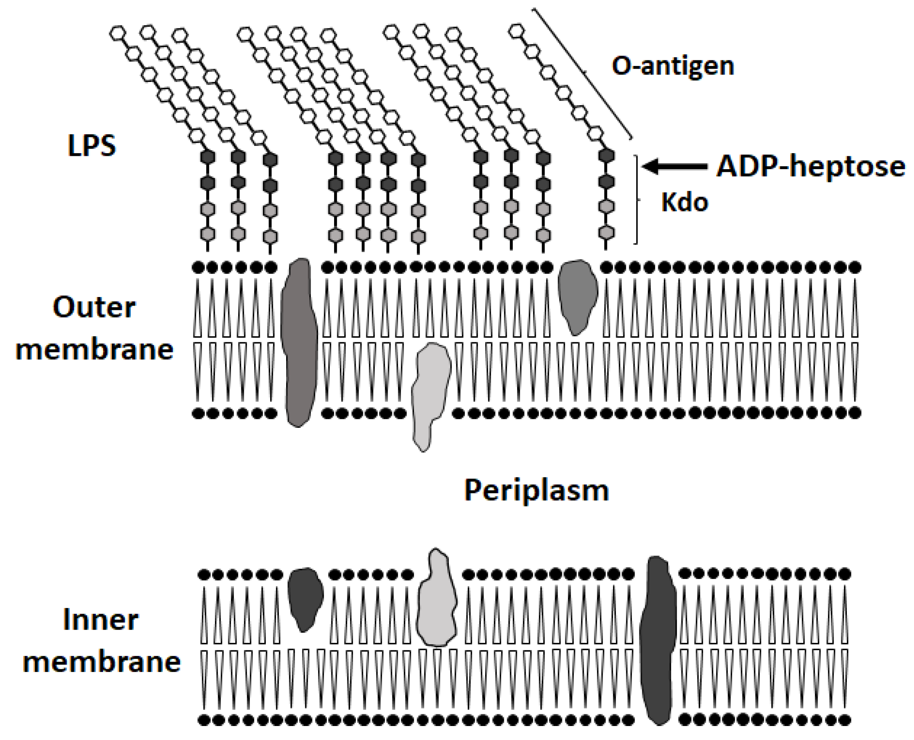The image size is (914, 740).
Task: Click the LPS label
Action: pos(92,146)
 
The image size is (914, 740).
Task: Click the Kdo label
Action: pos(684,202)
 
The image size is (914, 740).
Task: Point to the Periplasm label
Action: pos(536,490)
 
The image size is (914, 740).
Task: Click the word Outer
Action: pos(94,307)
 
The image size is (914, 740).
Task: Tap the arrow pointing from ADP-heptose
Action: pos(673,166)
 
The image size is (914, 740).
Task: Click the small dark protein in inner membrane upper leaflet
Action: pos(305,598)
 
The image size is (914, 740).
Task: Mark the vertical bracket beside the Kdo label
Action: pos(637,199)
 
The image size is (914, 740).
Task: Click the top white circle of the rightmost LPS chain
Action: pos(516,31)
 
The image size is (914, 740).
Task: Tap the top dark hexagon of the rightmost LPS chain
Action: pos(606,156)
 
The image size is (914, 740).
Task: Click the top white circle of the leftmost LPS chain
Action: pos(117,33)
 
